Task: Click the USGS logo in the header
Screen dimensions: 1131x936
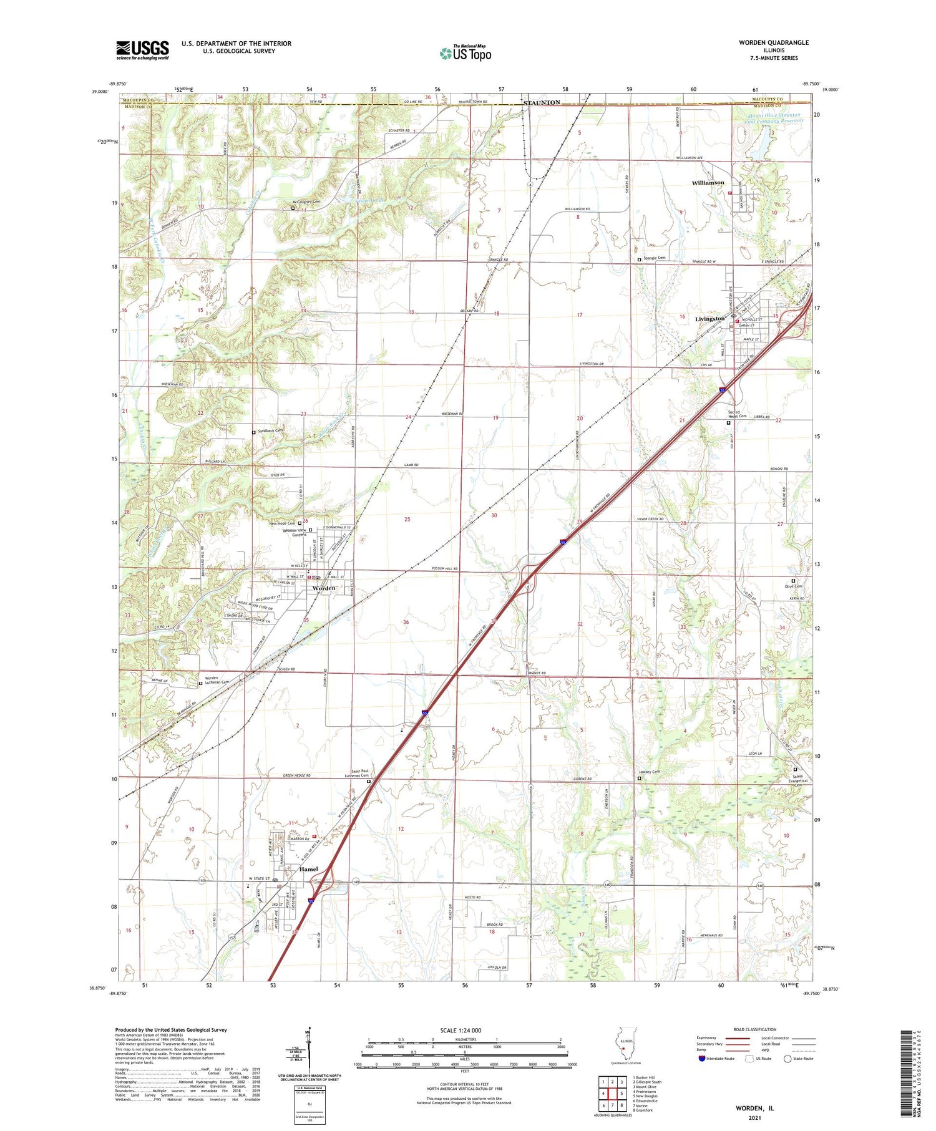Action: [142, 50]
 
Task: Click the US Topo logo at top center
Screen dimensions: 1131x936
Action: [466, 54]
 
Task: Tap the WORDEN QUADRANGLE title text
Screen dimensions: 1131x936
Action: [774, 42]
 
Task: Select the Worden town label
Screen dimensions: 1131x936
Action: [324, 588]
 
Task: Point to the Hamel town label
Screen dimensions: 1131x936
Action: [308, 869]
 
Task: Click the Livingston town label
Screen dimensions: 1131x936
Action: [710, 319]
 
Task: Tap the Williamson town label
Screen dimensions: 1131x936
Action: [708, 183]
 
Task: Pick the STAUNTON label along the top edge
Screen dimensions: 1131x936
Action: [542, 102]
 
